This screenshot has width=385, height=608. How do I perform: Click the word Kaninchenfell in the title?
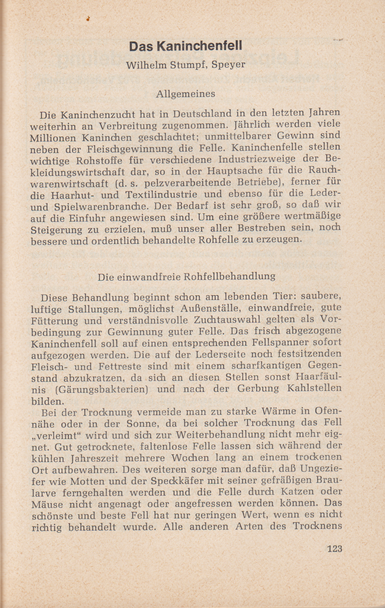[x=199, y=46]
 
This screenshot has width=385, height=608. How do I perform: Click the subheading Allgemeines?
[x=186, y=94]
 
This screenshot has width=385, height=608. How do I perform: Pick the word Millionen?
[x=53, y=138]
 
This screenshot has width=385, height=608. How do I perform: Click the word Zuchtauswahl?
[x=227, y=320]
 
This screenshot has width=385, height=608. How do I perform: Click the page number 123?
[x=335, y=549]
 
